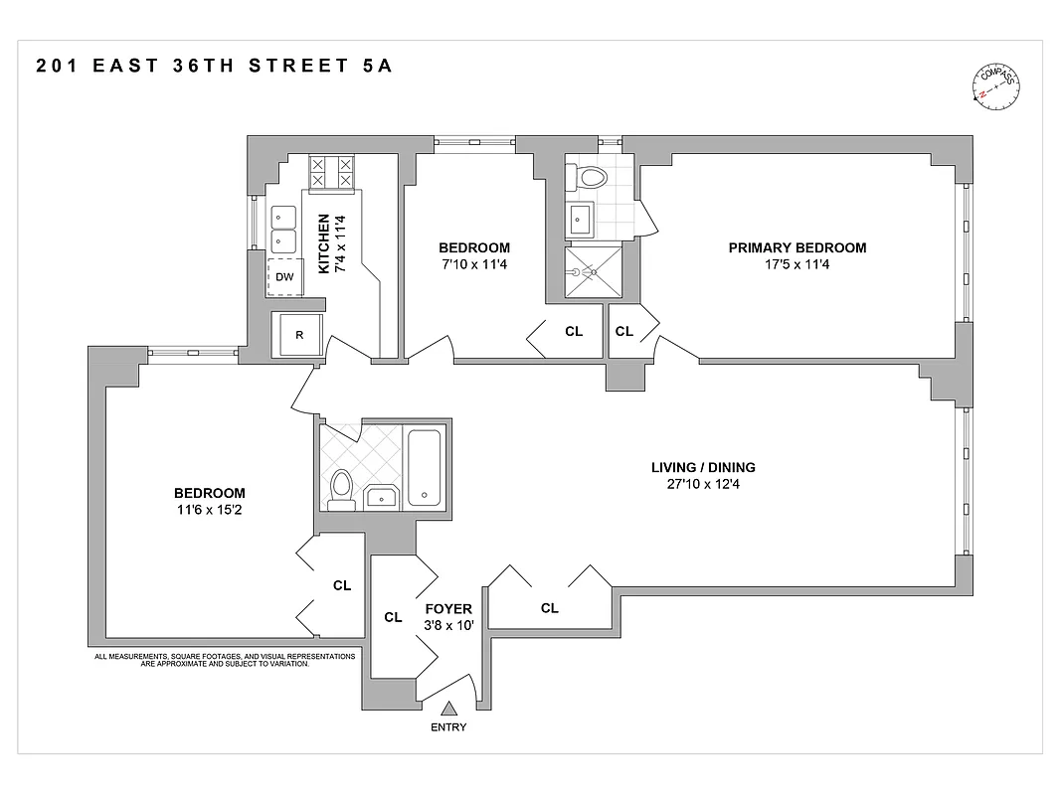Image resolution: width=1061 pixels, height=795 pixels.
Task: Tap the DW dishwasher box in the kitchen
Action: tap(284, 277)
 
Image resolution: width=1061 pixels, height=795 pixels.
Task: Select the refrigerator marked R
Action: tap(298, 335)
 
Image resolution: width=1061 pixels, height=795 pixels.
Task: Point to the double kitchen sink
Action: tap(283, 229)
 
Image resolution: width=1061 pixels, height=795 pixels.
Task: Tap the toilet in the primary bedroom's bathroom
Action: tap(589, 178)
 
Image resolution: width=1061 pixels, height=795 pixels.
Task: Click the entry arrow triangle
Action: tap(448, 709)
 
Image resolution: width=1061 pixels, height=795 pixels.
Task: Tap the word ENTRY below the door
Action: tap(448, 727)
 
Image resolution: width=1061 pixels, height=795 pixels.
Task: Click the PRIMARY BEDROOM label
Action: tap(796, 248)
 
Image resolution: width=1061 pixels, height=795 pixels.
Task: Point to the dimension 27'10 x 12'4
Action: tap(703, 484)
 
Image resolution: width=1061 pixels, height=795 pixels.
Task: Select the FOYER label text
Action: tap(448, 609)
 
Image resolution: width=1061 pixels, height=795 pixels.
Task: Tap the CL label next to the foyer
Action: tap(393, 617)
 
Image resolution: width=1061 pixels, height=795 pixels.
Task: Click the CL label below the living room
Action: tap(549, 608)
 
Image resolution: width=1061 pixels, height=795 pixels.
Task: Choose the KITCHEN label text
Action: tap(323, 243)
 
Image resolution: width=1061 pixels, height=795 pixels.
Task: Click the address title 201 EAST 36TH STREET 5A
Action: tap(215, 67)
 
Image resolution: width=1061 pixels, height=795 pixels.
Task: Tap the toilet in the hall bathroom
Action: tap(341, 490)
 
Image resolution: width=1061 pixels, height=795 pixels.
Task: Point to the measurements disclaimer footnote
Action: tap(225, 660)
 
